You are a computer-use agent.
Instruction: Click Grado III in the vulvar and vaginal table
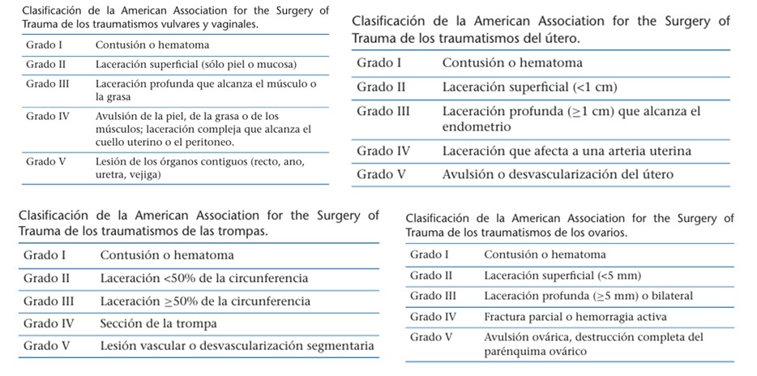click(42, 83)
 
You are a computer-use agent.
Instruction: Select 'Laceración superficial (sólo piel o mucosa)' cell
click(196, 63)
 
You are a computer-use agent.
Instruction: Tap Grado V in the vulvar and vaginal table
click(41, 161)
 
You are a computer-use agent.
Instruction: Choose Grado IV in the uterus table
click(384, 151)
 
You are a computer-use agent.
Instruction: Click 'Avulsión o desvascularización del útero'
click(558, 173)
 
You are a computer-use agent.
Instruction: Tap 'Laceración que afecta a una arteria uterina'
click(567, 151)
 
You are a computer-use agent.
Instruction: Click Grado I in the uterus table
click(379, 62)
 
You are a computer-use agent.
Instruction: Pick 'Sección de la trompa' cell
click(159, 323)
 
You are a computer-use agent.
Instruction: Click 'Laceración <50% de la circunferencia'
click(204, 278)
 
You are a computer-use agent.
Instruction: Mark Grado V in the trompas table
click(46, 346)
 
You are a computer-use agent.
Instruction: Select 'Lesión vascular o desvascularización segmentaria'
click(237, 346)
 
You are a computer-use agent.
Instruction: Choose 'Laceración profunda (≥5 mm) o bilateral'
click(588, 296)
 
